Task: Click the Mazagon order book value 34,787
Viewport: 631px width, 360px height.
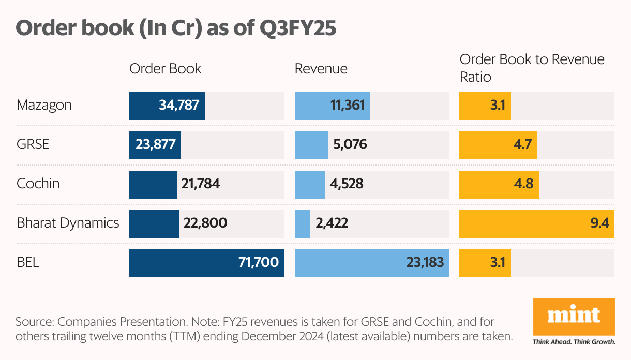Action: [179, 106]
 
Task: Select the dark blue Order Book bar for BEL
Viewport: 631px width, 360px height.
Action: [206, 262]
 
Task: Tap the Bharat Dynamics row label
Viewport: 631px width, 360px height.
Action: [68, 223]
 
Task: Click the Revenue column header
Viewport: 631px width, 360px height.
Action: [321, 69]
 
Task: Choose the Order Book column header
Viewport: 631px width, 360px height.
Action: [165, 69]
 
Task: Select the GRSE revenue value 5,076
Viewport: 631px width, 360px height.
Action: [350, 144]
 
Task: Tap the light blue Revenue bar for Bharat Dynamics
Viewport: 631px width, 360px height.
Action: [302, 223]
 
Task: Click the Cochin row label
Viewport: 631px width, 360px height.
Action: [38, 184]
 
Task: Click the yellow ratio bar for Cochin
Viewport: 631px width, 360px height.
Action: [499, 184]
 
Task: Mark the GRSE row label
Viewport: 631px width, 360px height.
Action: [33, 144]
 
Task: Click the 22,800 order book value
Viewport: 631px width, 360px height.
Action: [205, 223]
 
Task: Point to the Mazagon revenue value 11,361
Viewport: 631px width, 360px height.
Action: [347, 106]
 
